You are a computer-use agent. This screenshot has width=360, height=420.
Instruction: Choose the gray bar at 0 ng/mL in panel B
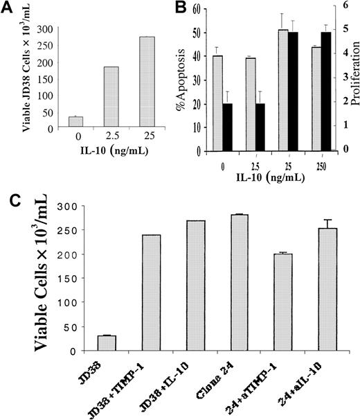(x=217, y=103)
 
